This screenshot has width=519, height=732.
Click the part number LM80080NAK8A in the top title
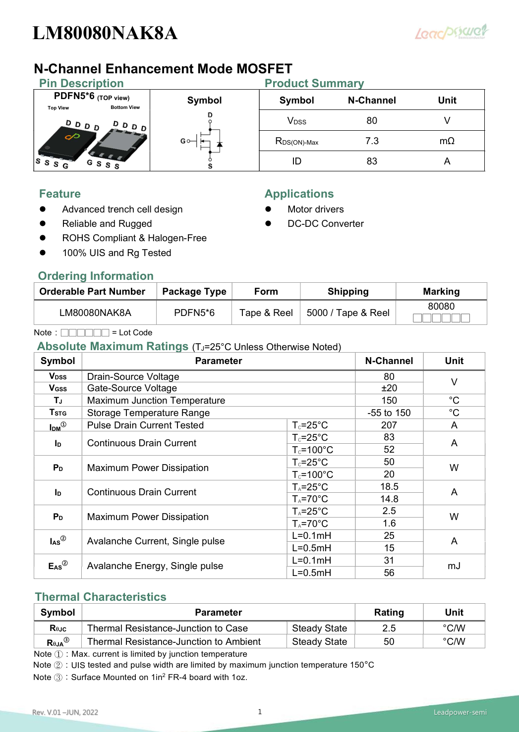click(x=105, y=33)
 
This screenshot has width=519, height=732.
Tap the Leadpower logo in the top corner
click(x=451, y=32)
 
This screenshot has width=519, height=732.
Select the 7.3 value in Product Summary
click(x=372, y=141)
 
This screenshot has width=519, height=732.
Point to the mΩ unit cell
click(x=447, y=141)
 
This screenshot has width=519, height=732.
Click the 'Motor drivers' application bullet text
click(x=315, y=209)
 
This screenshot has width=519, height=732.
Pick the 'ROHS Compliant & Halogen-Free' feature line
click(x=134, y=238)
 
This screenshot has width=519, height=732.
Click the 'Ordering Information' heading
click(x=96, y=276)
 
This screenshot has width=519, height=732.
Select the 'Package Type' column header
click(x=194, y=292)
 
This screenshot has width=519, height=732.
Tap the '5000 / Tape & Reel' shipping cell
click(x=348, y=313)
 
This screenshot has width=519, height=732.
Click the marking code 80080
click(x=441, y=307)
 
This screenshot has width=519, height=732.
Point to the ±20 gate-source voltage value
click(x=389, y=388)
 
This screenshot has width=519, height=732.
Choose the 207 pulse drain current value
click(x=389, y=425)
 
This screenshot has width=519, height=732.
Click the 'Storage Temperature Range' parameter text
click(x=148, y=413)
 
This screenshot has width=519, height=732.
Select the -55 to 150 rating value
click(x=389, y=413)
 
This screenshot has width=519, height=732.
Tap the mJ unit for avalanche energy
click(x=454, y=566)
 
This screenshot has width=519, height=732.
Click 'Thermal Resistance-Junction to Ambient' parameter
click(x=173, y=642)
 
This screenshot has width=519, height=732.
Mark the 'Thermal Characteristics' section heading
click(x=101, y=597)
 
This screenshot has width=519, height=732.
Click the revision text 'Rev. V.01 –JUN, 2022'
click(x=65, y=712)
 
